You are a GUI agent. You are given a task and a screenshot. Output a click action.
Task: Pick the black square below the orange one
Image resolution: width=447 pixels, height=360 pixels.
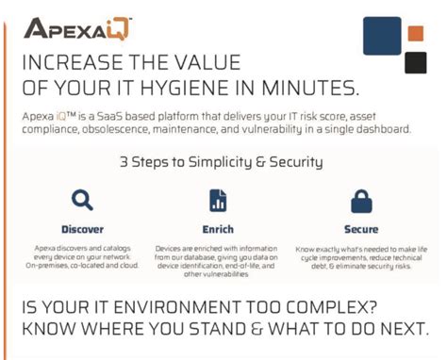point(415,62)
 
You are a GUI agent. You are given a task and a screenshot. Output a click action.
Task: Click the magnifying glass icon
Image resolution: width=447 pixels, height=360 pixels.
point(83,200)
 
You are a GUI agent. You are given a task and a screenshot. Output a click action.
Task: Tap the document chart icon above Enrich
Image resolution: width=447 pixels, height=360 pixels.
point(218,200)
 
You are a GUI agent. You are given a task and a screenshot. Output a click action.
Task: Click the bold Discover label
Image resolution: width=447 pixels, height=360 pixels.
point(83,229)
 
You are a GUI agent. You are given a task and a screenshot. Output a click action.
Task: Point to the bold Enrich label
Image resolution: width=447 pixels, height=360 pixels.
point(218,229)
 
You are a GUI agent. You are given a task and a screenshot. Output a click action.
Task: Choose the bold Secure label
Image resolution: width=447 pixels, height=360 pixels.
point(361,229)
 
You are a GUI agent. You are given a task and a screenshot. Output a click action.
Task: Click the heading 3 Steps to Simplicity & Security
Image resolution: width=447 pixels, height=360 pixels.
point(222,161)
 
